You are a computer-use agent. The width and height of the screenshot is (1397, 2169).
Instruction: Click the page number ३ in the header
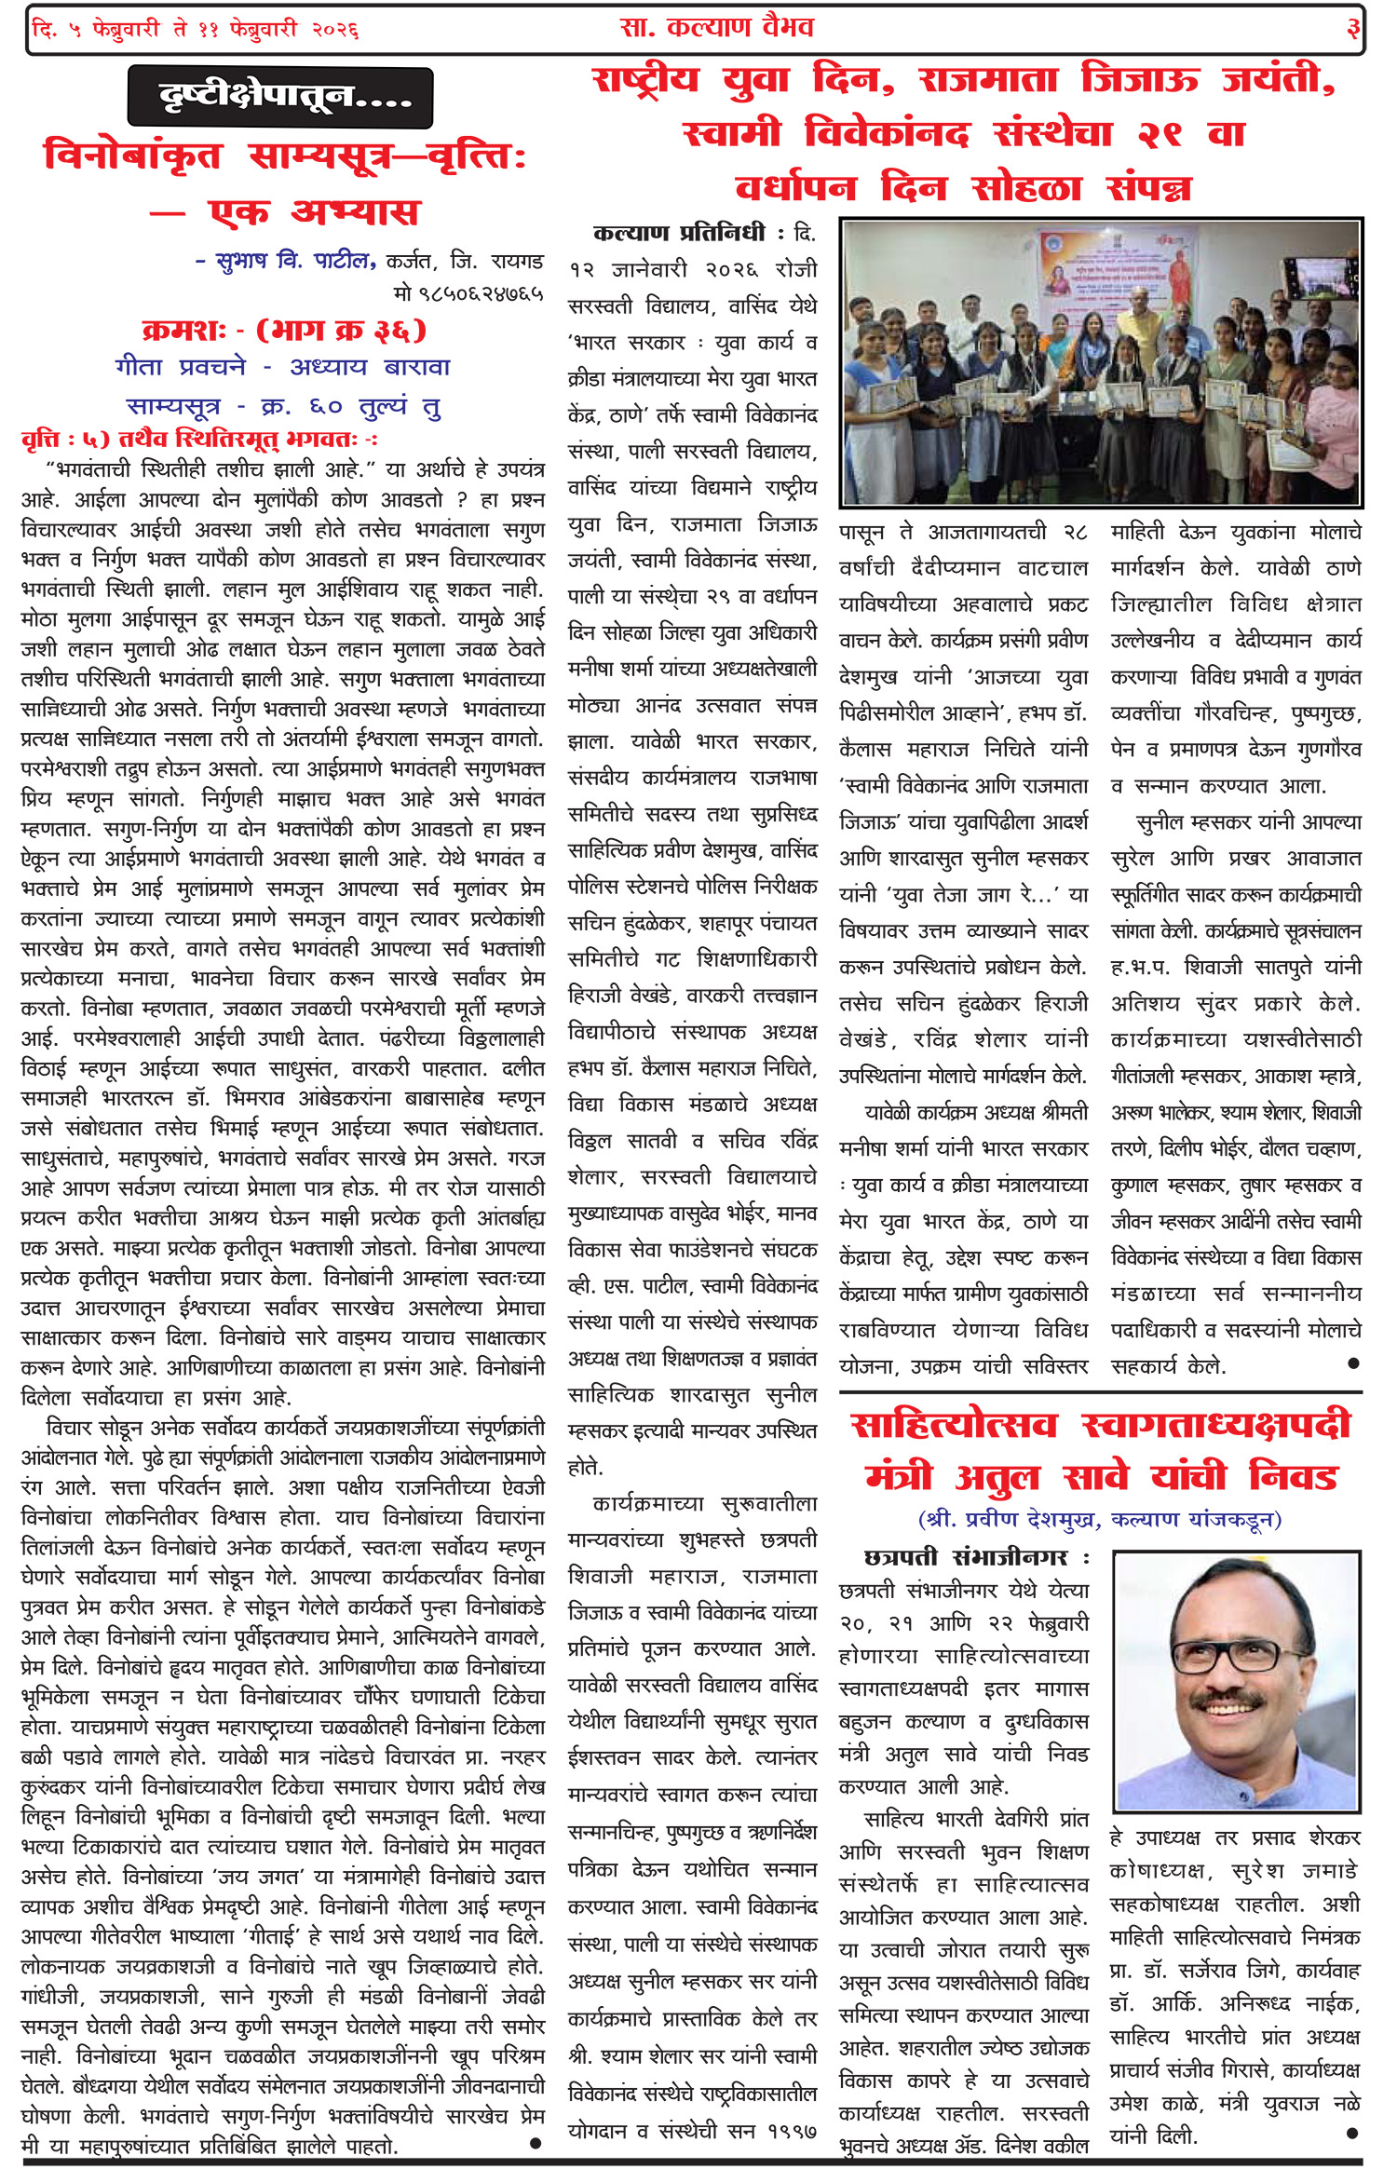[1352, 29]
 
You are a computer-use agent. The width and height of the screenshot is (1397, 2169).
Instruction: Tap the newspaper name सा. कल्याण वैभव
[716, 28]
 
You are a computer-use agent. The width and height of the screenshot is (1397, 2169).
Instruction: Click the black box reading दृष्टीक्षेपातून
[280, 97]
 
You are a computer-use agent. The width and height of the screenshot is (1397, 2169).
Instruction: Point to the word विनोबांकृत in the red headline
[132, 155]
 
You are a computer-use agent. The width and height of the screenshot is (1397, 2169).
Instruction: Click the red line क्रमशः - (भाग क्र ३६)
[283, 331]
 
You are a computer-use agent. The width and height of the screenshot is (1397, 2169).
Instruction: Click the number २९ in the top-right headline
[1160, 134]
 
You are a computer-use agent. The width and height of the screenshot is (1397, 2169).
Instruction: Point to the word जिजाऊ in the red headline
[1138, 80]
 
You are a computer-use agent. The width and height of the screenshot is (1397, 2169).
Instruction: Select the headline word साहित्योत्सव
[954, 1426]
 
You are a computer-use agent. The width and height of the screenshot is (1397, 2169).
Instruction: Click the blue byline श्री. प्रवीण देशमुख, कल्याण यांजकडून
[1100, 1519]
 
